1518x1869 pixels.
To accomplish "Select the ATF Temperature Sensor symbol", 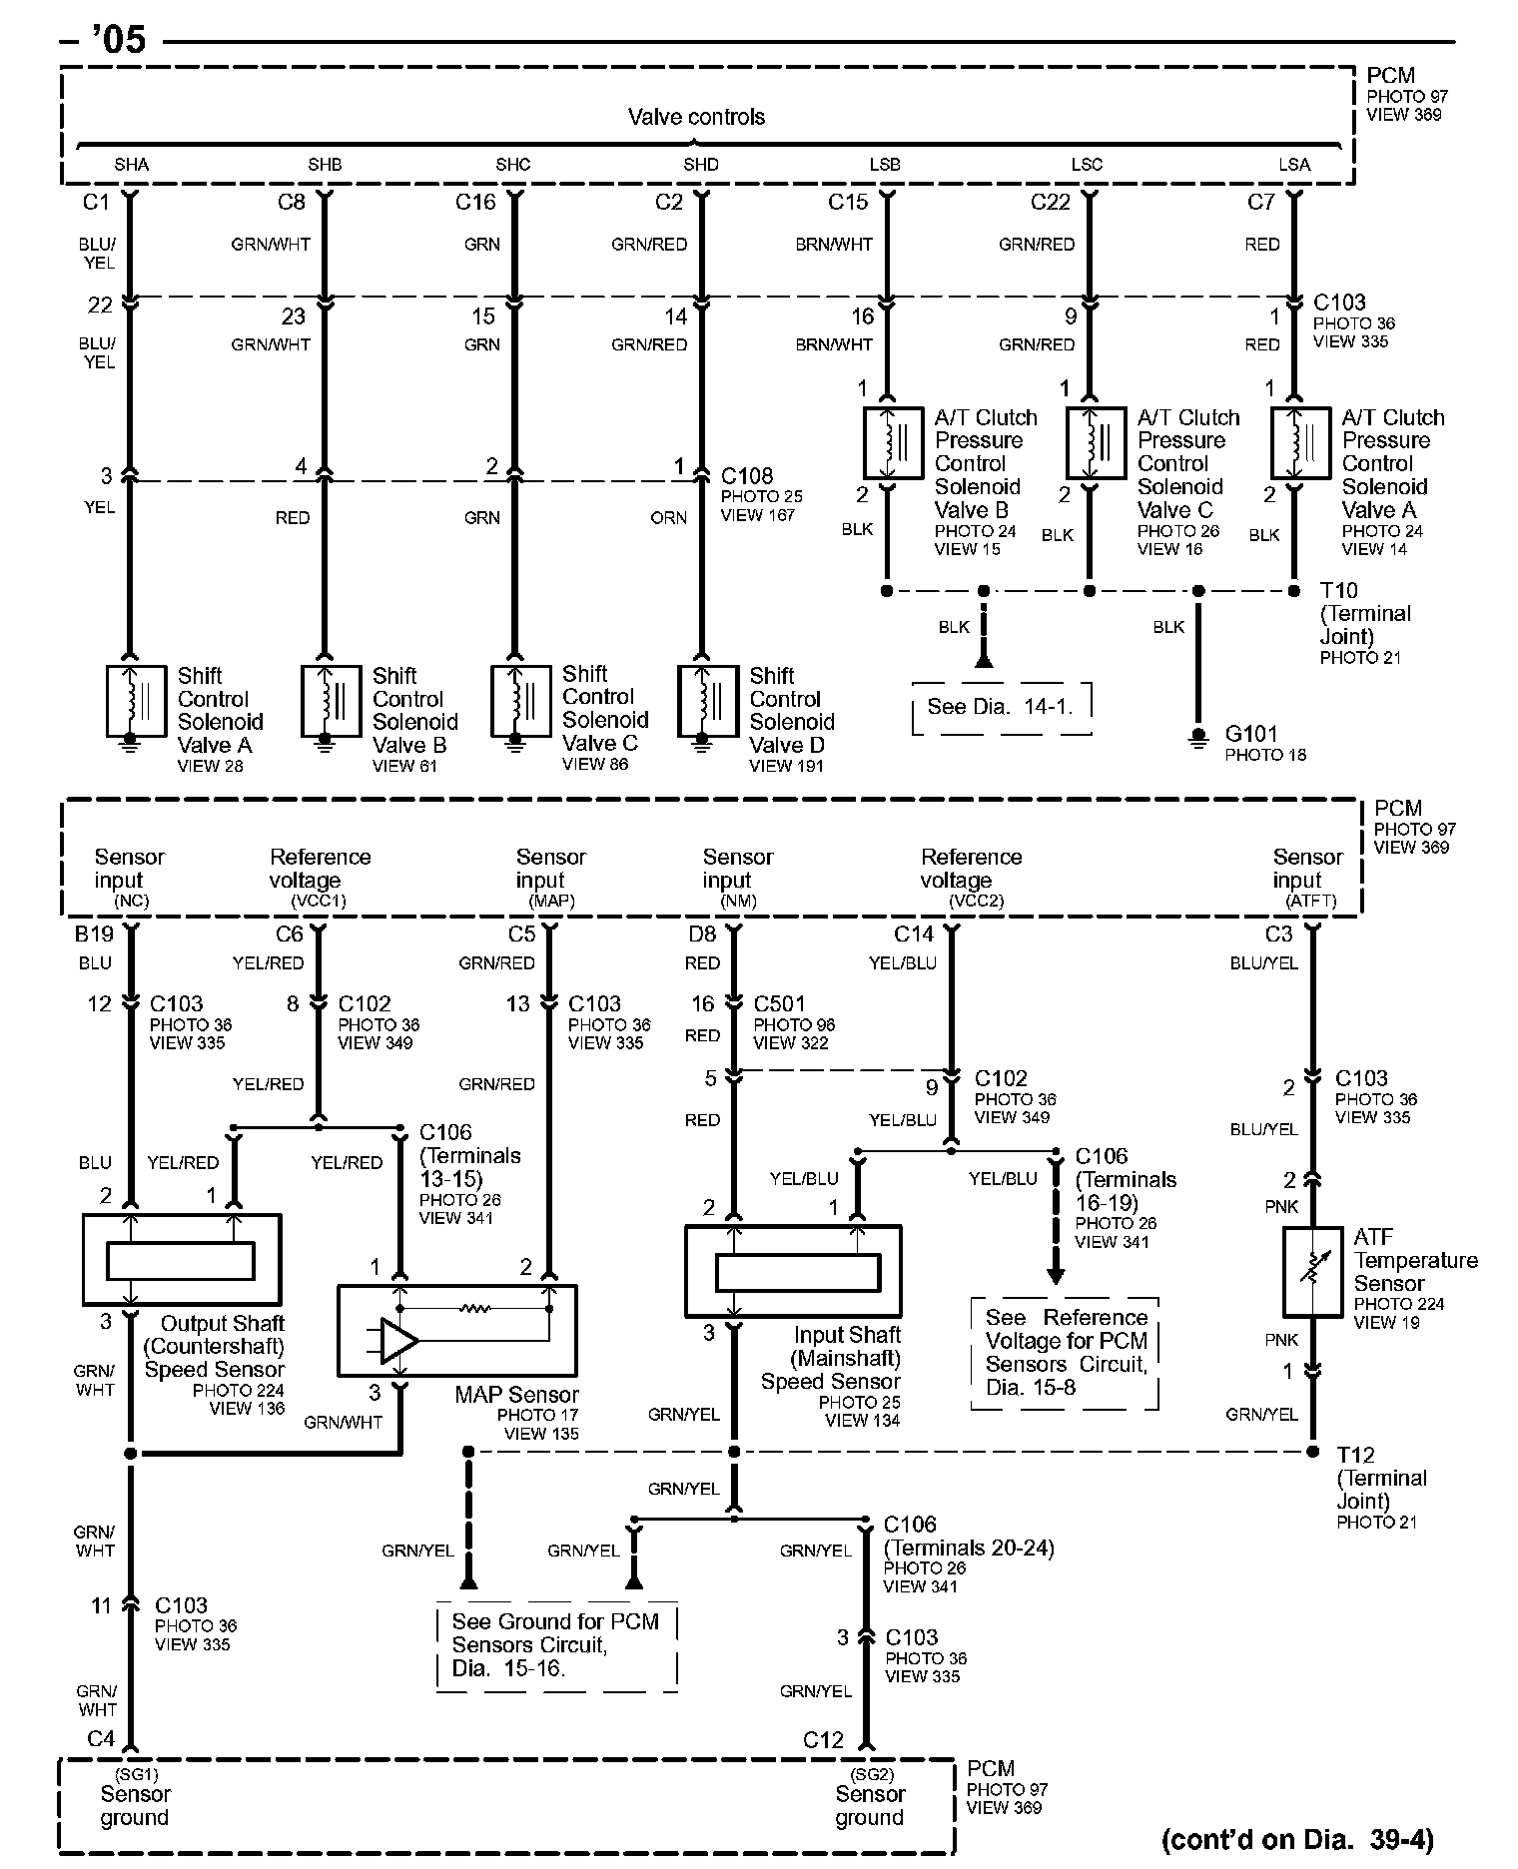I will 1312,1271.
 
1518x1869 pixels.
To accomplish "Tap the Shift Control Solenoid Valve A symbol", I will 137,701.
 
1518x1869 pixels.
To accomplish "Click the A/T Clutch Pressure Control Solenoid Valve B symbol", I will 894,442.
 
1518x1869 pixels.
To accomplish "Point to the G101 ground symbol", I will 1198,738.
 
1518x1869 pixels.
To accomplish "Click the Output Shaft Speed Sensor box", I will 182,1260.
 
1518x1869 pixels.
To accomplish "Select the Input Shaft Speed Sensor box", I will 793,1271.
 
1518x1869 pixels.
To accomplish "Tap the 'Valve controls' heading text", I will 696,117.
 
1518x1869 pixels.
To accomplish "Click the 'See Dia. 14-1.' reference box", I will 1001,708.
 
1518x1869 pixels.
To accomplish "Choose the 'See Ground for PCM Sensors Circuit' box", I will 556,1644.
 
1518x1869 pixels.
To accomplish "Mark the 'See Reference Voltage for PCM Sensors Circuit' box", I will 1066,1353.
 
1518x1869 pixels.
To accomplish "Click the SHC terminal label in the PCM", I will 513,165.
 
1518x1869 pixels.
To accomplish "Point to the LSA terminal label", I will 1294,165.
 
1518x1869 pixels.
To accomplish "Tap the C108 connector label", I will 747,475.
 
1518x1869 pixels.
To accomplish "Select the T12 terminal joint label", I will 1356,1455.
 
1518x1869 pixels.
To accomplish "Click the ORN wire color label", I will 668,518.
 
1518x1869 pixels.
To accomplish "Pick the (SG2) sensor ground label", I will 871,1774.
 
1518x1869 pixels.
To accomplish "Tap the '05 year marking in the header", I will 118,40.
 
